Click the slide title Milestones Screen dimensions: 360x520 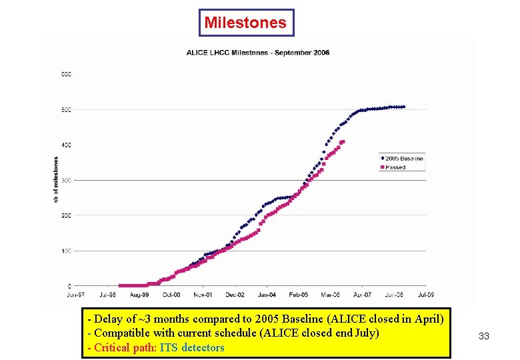(x=245, y=23)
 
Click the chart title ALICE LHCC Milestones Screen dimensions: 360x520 (x=257, y=53)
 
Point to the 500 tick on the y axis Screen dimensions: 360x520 (x=67, y=109)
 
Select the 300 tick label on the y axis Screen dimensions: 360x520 (x=67, y=180)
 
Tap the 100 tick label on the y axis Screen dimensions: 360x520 (x=67, y=251)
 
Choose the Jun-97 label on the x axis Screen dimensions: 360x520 (x=75, y=294)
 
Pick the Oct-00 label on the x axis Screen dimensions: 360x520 (x=171, y=294)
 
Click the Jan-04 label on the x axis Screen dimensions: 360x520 (x=267, y=294)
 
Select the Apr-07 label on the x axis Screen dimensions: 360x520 (x=362, y=294)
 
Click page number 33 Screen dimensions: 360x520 (x=484, y=337)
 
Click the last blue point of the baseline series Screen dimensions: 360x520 (x=404, y=107)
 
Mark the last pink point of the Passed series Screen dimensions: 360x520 (x=343, y=141)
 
